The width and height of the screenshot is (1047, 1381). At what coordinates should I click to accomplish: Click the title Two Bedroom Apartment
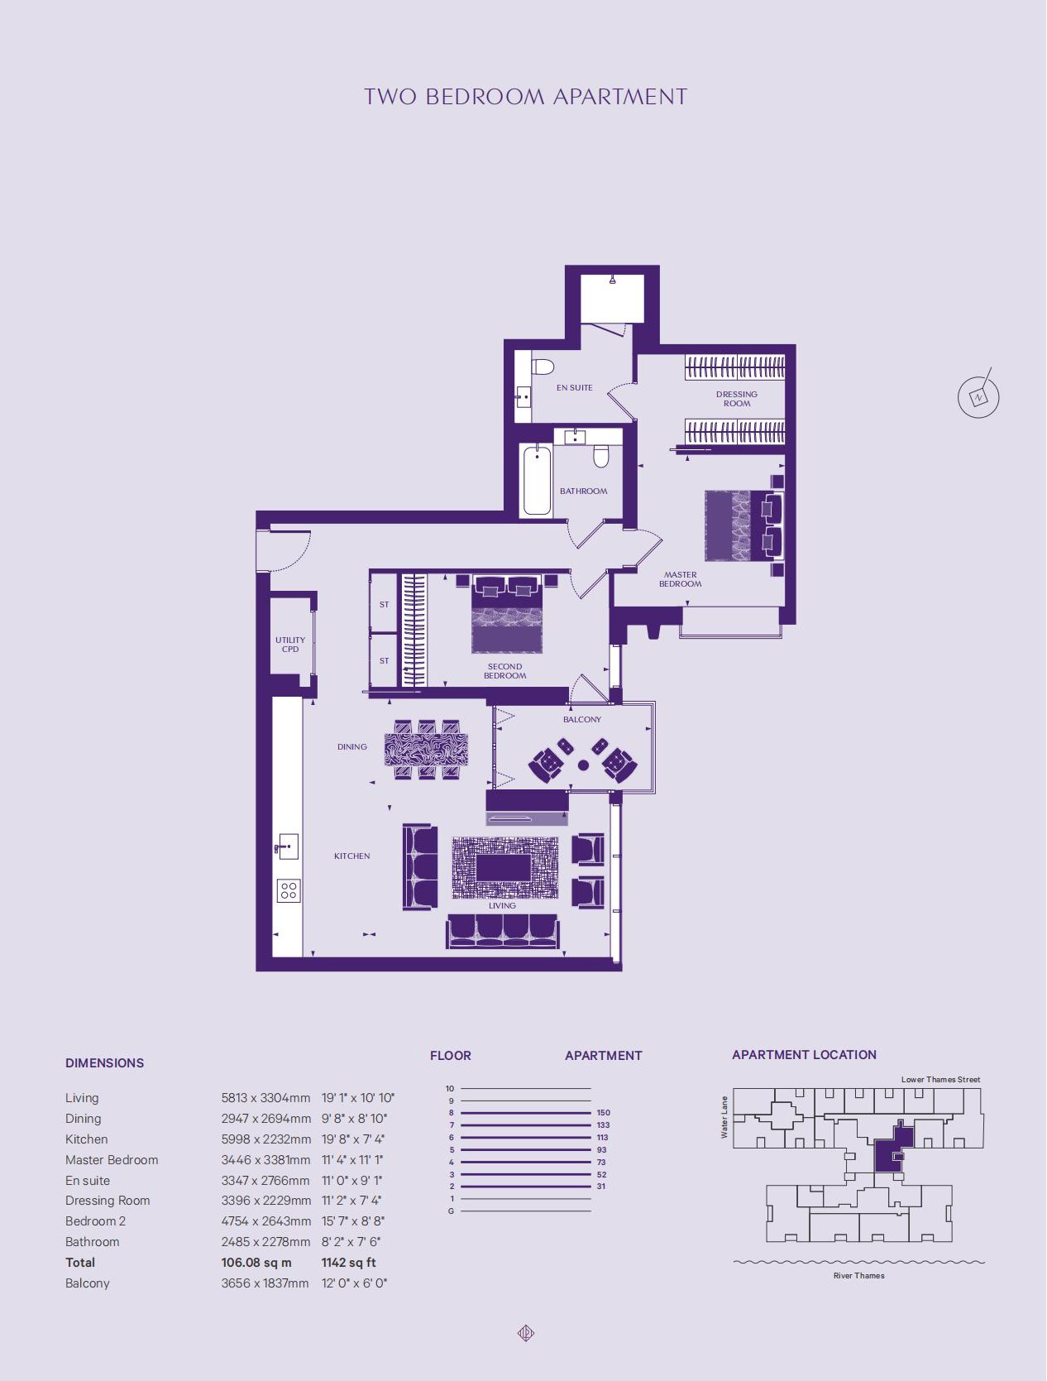click(526, 97)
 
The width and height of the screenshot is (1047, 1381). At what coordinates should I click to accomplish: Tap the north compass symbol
click(978, 396)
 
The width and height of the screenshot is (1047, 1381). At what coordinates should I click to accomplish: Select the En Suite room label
click(574, 387)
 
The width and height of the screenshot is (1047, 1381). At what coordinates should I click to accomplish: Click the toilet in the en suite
click(542, 367)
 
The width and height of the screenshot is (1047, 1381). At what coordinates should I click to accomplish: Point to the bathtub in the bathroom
click(537, 480)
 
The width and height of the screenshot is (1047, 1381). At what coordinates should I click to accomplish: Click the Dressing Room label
click(736, 399)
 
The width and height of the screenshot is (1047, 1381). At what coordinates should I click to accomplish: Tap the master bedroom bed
click(744, 525)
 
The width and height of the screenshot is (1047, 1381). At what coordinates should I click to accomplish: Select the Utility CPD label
click(290, 645)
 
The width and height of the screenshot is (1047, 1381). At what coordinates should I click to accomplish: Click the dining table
click(427, 750)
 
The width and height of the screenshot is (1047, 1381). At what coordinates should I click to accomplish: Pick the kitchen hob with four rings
click(289, 890)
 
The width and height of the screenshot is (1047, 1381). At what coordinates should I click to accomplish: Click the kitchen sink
click(287, 846)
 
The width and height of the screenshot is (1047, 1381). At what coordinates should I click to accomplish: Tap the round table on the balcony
click(583, 765)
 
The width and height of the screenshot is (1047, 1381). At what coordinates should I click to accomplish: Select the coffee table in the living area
click(503, 868)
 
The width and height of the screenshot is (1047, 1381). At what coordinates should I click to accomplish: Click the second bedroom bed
click(507, 613)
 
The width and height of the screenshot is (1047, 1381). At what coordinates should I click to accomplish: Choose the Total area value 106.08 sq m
click(256, 1262)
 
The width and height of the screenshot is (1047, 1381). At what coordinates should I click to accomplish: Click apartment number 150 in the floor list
click(603, 1112)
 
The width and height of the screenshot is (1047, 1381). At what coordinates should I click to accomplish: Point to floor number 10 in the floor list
click(450, 1088)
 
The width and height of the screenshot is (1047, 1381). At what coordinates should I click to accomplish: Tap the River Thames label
click(858, 1275)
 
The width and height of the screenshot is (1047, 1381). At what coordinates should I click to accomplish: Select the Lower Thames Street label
click(940, 1080)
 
